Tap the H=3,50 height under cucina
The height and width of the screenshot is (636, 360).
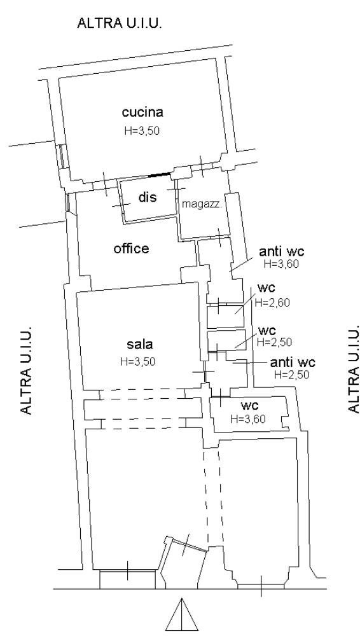[139, 130]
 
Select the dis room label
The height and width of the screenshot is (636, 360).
[148, 198]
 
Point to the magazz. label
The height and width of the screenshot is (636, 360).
[202, 204]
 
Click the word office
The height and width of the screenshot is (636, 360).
[131, 248]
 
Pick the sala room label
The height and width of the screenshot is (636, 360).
[140, 344]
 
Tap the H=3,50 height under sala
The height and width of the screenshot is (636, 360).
[137, 361]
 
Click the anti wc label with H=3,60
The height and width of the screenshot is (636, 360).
[282, 252]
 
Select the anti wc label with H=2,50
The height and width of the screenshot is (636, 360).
[293, 363]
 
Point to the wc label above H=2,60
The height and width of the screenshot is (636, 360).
[267, 288]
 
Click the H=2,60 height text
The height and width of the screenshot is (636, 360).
[272, 303]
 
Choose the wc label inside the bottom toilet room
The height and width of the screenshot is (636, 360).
[250, 404]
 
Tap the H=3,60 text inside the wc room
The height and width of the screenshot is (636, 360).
[248, 418]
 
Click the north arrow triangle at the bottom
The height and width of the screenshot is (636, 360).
[181, 614]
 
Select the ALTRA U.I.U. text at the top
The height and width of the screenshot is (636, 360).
[120, 23]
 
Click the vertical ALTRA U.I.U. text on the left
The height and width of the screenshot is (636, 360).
[26, 369]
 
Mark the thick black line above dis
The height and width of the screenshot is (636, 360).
[160, 175]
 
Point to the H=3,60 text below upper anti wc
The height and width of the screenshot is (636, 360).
[281, 264]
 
